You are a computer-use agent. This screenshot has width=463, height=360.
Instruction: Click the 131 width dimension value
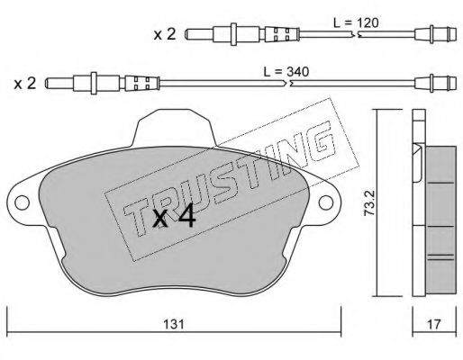[x=174, y=324]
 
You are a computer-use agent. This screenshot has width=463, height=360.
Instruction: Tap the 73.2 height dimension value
[x=368, y=203]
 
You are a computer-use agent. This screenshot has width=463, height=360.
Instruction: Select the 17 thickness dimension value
[x=434, y=324]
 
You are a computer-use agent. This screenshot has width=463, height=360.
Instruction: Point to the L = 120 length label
[x=356, y=22]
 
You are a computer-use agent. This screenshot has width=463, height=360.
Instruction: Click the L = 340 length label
[x=286, y=72]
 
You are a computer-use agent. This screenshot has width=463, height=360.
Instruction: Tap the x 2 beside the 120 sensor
[x=165, y=34]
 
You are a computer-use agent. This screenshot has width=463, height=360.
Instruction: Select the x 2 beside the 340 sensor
[x=25, y=83]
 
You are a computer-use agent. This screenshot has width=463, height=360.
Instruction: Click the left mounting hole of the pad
[x=22, y=202]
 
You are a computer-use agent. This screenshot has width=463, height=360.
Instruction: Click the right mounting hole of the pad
[x=326, y=202]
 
